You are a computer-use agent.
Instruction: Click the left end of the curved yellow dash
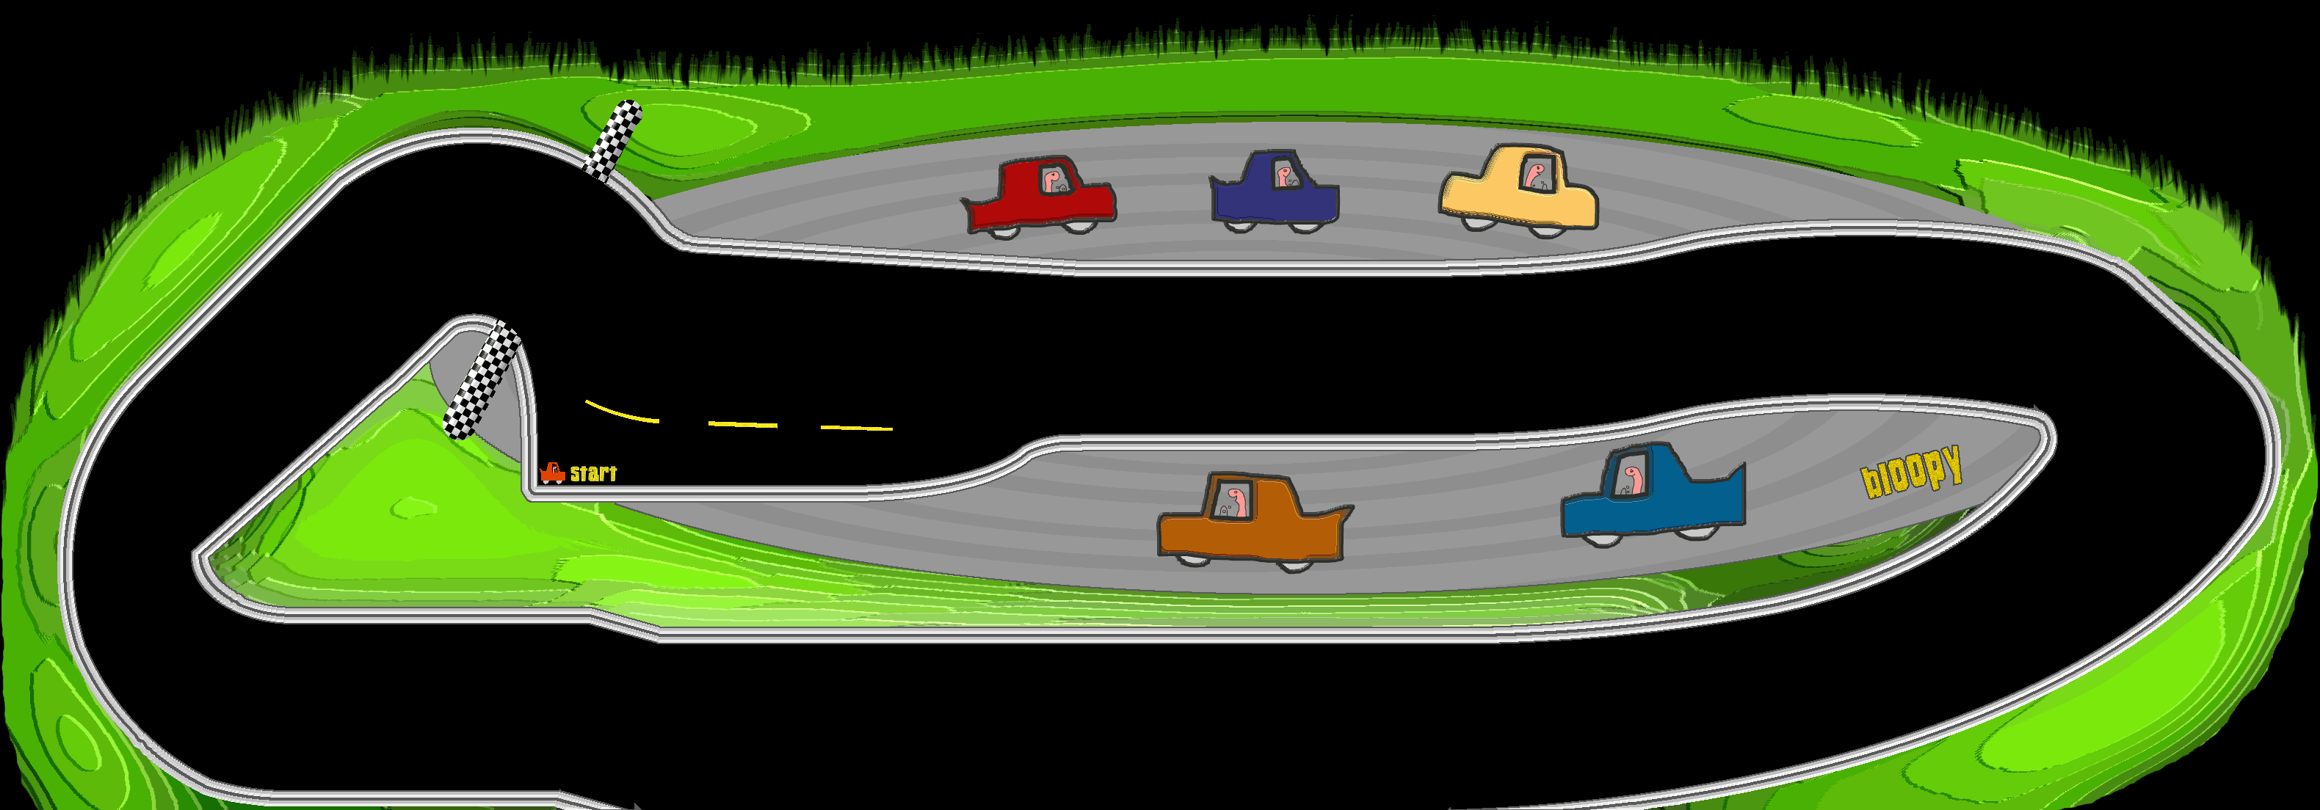pos(587,401)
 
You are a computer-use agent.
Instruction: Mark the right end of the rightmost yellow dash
pos(891,429)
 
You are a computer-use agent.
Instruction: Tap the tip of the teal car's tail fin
pos(1744,464)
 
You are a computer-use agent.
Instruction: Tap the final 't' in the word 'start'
pos(612,472)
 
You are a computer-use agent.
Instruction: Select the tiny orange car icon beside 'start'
pos(552,472)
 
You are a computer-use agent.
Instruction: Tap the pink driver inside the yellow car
pos(1537,174)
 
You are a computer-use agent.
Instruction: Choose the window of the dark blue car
pos(1286,174)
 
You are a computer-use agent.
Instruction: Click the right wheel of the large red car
pos(1077,225)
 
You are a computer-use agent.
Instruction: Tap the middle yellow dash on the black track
pos(742,424)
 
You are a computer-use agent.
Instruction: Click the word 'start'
pos(593,473)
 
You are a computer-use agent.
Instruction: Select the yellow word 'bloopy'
pos(1911,472)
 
